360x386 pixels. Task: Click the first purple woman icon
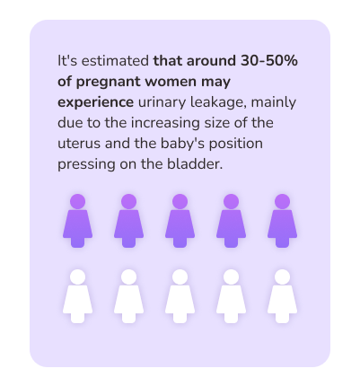(x=77, y=221)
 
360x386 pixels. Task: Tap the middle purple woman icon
(x=180, y=221)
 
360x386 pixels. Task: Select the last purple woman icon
(x=282, y=221)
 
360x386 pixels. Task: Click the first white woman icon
(x=77, y=296)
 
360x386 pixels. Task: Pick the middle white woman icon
(x=180, y=296)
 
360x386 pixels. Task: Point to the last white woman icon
(x=282, y=296)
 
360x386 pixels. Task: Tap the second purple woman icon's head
(x=128, y=201)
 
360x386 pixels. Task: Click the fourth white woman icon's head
(x=231, y=276)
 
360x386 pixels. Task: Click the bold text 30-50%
(x=269, y=61)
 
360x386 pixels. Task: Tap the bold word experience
(x=95, y=103)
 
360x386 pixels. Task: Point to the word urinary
(x=162, y=103)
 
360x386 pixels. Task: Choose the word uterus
(x=79, y=144)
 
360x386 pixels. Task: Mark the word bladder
(x=195, y=164)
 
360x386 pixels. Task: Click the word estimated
(x=115, y=61)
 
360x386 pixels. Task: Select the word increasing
(x=165, y=124)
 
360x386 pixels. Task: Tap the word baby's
(x=182, y=144)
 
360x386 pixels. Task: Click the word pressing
(x=86, y=164)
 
